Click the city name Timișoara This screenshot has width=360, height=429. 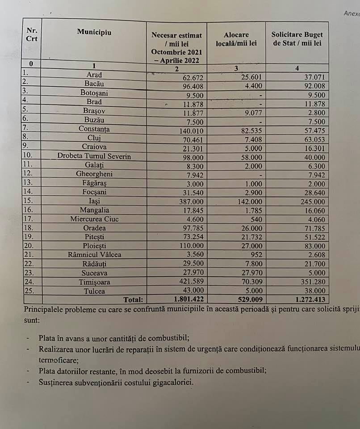click(x=94, y=282)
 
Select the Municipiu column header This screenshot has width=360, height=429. click(x=94, y=32)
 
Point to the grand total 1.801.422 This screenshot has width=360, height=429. click(x=180, y=300)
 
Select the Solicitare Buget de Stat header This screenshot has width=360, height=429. click(x=297, y=39)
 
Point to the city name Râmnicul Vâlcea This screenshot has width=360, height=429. click(x=94, y=255)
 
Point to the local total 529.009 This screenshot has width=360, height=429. click(x=245, y=300)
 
